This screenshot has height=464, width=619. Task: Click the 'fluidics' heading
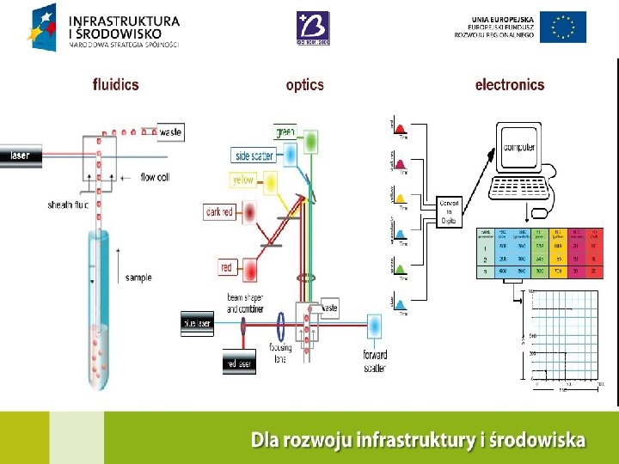pos(115,85)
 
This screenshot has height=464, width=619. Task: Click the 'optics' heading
pos(304,85)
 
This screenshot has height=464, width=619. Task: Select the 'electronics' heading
pos(509,85)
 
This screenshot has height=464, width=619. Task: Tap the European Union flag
pos(564,27)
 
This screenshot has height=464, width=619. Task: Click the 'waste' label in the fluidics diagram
pos(171,132)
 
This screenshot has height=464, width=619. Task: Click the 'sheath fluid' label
pos(68,205)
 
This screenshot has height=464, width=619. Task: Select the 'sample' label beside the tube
pos(138,278)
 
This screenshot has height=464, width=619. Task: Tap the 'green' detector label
pos(285,132)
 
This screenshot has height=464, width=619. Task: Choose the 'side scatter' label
pos(254,156)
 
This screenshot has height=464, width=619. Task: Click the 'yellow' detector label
pos(242,180)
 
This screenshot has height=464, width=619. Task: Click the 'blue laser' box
pos(196,324)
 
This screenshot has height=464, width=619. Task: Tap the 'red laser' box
pos(238,363)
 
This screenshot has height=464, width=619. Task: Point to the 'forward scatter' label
pos(375,361)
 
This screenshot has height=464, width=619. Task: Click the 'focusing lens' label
pos(280,353)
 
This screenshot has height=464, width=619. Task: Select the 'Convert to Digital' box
pos(450,211)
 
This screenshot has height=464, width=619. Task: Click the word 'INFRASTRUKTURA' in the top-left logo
pos(124,20)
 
